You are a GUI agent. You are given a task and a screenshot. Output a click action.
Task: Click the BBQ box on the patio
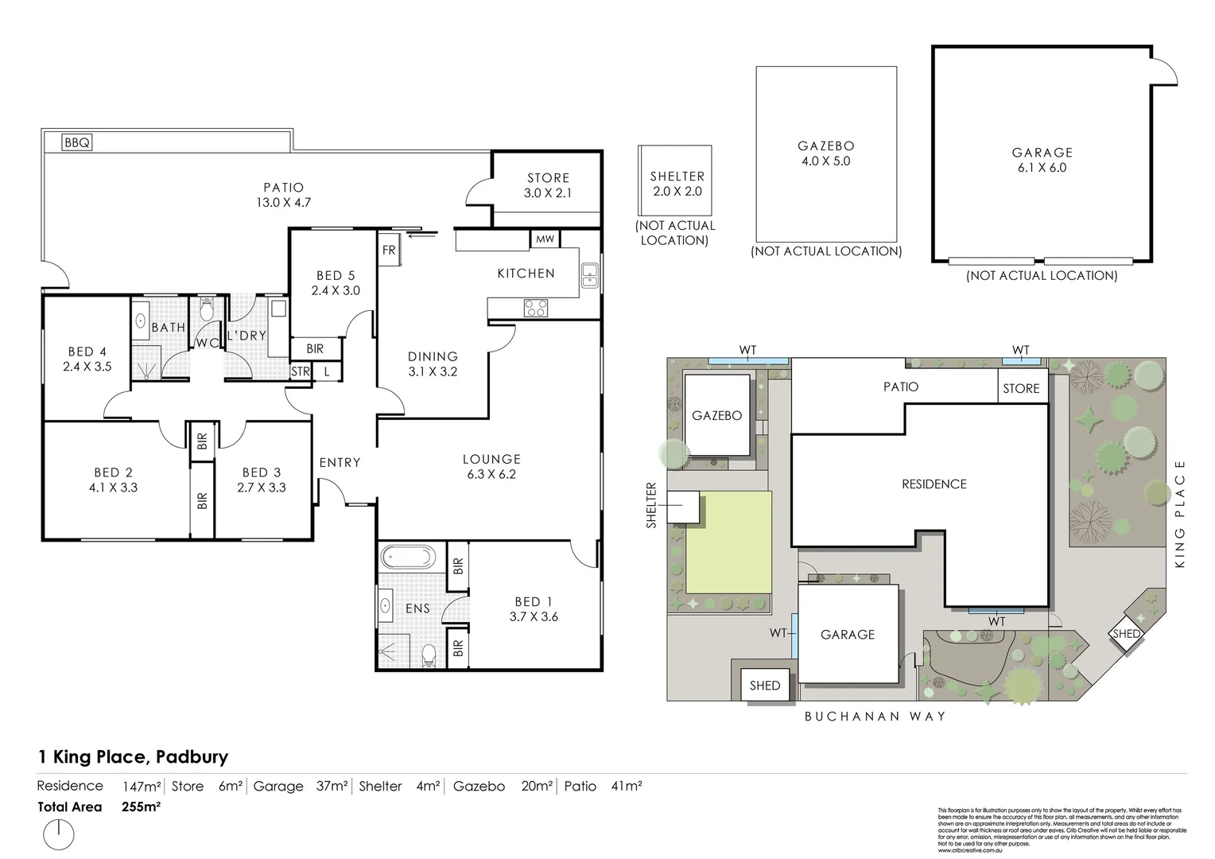coord(78,143)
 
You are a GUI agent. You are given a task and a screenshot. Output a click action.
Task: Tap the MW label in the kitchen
coord(545,239)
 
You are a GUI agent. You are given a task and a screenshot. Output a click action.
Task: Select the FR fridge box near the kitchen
coord(389,250)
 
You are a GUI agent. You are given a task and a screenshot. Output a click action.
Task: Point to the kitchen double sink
coord(589,274)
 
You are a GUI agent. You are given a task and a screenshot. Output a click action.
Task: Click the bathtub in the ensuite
coord(407,555)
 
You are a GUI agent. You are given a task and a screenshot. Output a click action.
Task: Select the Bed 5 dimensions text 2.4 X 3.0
coord(336,290)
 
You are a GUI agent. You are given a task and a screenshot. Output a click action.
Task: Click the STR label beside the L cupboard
coord(301,371)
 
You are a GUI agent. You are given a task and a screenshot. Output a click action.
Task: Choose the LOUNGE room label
coord(491,459)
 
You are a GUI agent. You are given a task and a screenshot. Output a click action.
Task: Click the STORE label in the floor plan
coord(548,178)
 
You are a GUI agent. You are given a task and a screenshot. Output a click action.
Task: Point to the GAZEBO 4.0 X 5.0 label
coord(825,154)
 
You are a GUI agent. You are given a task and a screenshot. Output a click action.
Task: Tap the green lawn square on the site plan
coord(728,542)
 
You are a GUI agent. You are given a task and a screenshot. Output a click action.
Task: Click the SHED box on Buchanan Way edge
coord(764,685)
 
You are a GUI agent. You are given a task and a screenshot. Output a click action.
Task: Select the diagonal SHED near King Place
coord(1126,633)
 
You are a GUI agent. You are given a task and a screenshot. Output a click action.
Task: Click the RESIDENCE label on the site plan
coord(934,484)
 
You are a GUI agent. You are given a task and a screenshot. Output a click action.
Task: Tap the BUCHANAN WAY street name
coord(875,716)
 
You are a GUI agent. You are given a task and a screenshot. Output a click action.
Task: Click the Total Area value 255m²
coord(142,807)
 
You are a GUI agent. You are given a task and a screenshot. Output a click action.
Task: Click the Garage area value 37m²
coord(332,786)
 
